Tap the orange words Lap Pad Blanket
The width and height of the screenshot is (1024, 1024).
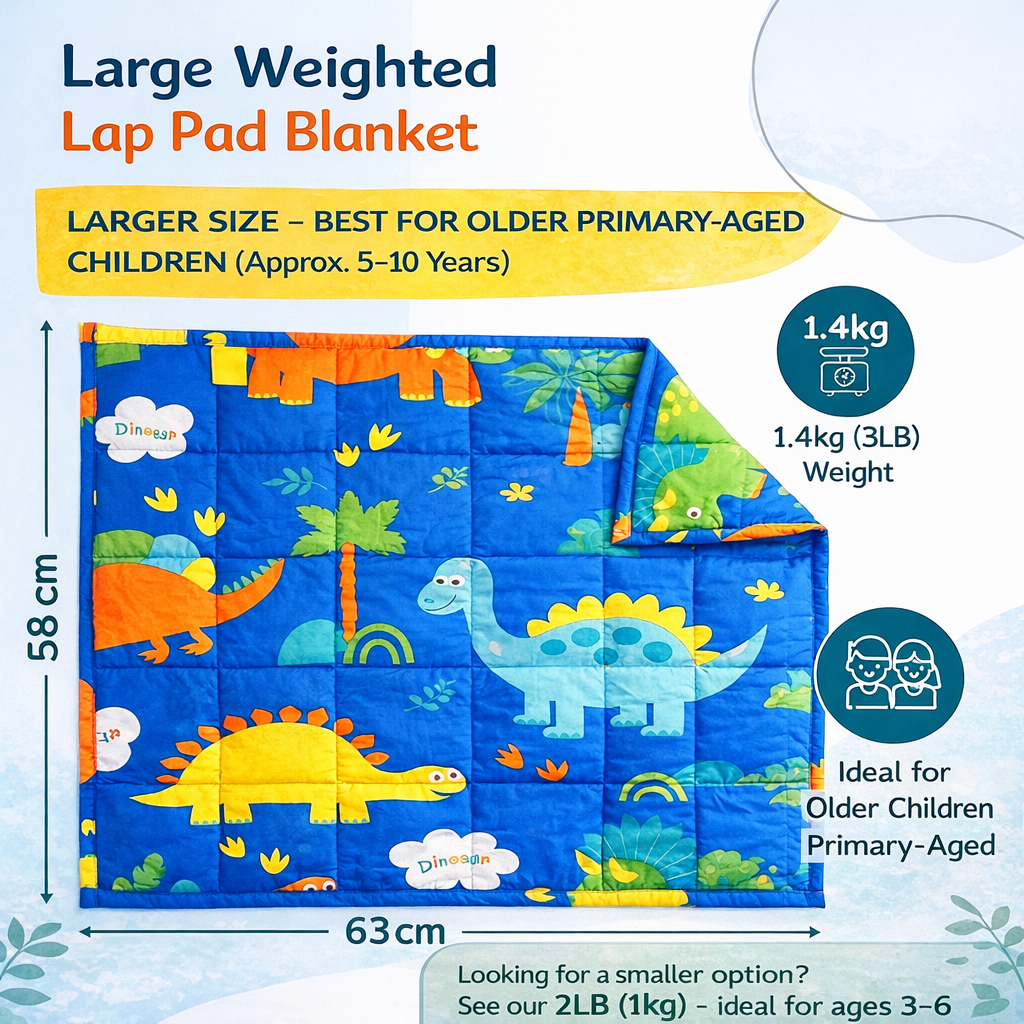(x=268, y=132)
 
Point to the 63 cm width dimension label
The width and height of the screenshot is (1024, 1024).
(x=395, y=932)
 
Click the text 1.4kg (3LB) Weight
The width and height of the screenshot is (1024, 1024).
(x=846, y=453)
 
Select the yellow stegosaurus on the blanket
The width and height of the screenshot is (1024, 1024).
(x=300, y=765)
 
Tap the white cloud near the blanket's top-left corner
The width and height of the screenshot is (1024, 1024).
(x=144, y=428)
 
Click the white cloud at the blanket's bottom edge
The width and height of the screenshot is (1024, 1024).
(x=453, y=859)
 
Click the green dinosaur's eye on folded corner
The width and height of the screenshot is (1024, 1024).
(x=693, y=513)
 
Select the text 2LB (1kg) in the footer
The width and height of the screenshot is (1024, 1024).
(x=599, y=1003)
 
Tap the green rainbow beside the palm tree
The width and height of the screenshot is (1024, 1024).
(x=378, y=645)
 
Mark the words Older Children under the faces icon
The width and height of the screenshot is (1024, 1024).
(x=900, y=808)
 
